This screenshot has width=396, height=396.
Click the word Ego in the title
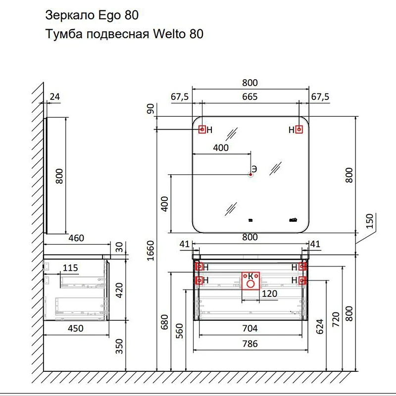point(109,16)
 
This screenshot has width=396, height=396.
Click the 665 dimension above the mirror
point(250,97)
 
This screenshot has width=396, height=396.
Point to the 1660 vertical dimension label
point(150,250)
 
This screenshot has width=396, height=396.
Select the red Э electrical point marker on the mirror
point(250,174)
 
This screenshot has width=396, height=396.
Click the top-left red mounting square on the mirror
point(202,130)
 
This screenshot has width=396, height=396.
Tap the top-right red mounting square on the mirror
point(299,130)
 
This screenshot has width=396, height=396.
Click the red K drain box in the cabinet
point(250,281)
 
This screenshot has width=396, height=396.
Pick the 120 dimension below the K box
point(269,294)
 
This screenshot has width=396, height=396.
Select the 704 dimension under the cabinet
point(250,328)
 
